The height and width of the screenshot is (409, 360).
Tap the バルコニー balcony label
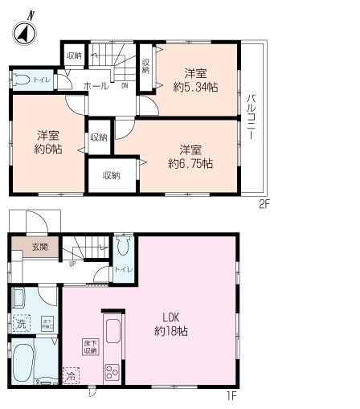point(252,117)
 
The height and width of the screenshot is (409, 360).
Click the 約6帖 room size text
point(47,143)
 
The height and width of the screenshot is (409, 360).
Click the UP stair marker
point(73,262)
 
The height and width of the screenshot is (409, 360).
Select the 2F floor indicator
point(264,204)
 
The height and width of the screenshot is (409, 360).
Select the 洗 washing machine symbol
point(22,324)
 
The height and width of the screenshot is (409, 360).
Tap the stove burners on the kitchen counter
point(111,373)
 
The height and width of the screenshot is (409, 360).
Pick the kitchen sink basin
point(111,330)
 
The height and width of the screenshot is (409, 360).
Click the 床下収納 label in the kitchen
point(89,347)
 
